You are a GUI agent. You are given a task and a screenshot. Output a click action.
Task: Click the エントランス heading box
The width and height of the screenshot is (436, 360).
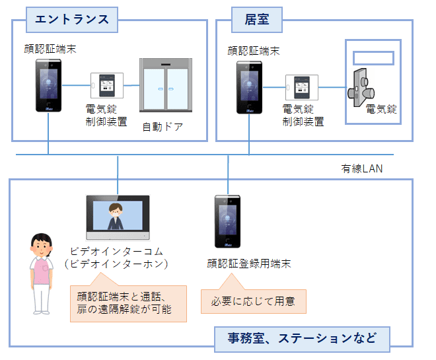coord(71,18)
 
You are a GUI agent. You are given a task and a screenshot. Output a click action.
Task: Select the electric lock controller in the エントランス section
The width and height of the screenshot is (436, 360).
coord(107,86)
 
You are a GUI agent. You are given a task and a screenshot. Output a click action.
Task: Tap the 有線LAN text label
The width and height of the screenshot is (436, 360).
coord(361,169)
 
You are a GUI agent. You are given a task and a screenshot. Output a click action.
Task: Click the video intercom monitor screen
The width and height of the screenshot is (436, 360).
coord(118,219)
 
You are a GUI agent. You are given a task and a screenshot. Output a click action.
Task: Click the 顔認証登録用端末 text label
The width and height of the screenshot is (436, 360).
coord(248,264)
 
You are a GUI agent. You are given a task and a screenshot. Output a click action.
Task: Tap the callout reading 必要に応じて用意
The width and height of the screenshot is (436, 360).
coord(248,302)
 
